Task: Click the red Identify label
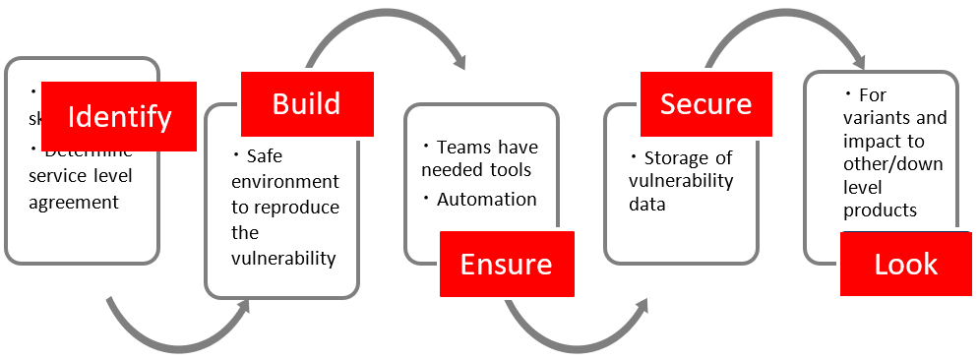pos(119,117)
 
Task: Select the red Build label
pos(306,103)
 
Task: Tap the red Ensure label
pos(506,264)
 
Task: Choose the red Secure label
pos(705,103)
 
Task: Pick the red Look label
pos(905,264)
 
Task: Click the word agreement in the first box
pos(73,203)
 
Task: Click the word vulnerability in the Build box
pos(284,259)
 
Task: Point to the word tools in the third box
pos(511,170)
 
